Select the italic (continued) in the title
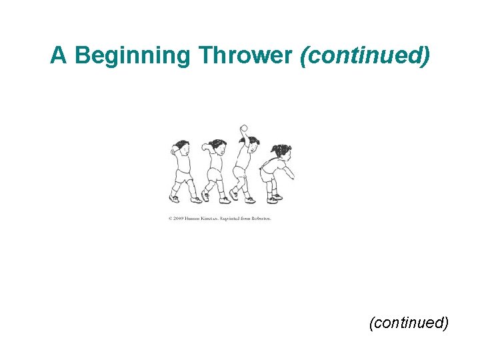pyautogui.click(x=365, y=56)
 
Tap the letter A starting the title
pyautogui.click(x=59, y=56)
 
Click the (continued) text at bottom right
pyautogui.click(x=409, y=323)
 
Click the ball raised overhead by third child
pyautogui.click(x=244, y=128)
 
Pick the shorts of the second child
pyautogui.click(x=215, y=176)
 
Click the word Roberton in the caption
pyautogui.click(x=259, y=218)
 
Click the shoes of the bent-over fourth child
pyautogui.click(x=273, y=198)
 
